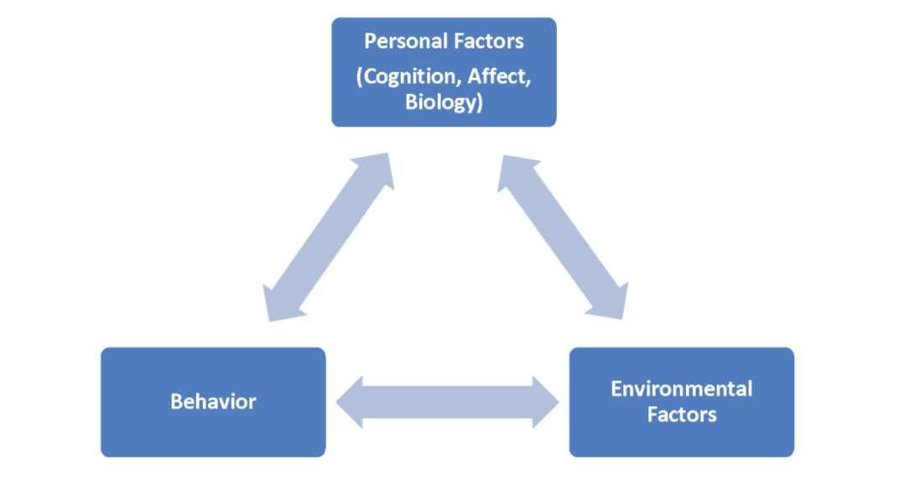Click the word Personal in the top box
[x=398, y=42]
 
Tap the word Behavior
[x=213, y=402]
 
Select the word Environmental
[x=681, y=389]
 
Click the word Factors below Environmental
[x=681, y=415]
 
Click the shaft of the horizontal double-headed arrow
[x=448, y=402]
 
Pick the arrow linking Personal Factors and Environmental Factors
[x=563, y=237]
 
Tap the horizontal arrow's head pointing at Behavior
[x=351, y=402]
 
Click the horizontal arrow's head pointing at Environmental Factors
[x=546, y=402]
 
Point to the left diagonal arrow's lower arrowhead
[x=277, y=305]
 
